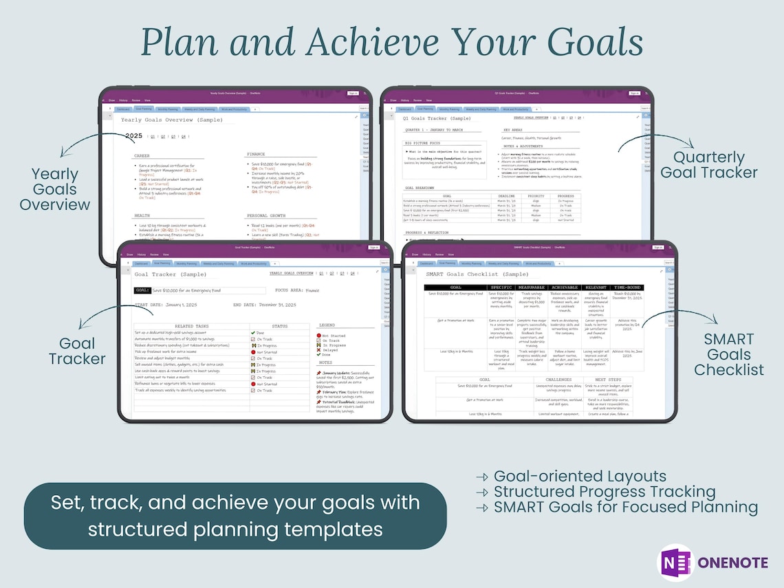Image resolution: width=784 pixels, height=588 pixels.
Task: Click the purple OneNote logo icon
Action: tap(675, 562)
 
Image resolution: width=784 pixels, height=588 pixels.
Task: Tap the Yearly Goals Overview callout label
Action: tap(54, 189)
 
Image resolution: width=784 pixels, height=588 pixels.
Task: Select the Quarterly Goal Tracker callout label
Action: tap(709, 165)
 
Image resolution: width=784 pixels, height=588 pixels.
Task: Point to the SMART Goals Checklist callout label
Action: tap(728, 354)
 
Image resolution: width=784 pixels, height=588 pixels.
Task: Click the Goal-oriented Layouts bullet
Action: tap(579, 476)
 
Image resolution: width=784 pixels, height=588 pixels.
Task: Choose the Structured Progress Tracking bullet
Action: tap(604, 492)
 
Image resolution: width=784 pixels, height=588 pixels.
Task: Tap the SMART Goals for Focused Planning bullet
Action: tap(625, 508)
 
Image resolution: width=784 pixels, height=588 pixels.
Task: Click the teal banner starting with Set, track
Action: tap(235, 515)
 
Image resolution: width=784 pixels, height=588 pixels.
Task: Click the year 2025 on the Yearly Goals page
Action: tap(134, 136)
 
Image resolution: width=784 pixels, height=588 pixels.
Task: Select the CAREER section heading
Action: tap(142, 156)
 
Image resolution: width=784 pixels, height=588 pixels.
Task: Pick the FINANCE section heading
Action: tap(256, 155)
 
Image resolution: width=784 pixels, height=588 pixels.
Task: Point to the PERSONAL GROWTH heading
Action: tap(265, 216)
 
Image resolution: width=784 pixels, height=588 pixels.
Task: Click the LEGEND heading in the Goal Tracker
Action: tap(326, 325)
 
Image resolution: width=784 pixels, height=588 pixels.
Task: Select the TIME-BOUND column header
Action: tap(627, 287)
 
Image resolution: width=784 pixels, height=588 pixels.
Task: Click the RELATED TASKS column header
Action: tap(193, 326)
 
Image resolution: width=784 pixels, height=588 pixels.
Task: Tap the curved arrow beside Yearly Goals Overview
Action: tap(83, 144)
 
